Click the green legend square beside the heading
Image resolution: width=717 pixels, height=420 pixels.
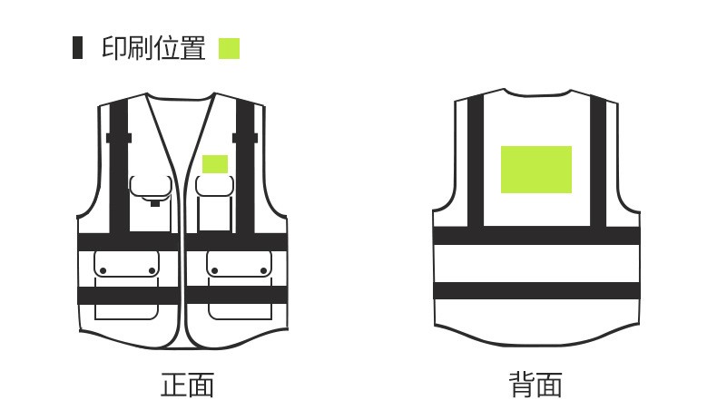[229, 48]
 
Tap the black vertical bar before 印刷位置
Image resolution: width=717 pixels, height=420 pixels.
[78, 47]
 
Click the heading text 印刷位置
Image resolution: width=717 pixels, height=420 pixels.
[153, 48]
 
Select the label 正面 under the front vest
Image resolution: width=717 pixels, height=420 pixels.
[188, 385]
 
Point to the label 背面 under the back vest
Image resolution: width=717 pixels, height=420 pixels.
[535, 385]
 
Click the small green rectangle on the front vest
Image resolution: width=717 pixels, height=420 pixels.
[215, 164]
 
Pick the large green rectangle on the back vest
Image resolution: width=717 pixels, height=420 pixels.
[536, 170]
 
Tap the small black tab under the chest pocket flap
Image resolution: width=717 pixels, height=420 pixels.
[155, 203]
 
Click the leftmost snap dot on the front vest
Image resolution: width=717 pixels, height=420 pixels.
[103, 271]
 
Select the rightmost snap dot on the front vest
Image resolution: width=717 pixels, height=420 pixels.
[263, 271]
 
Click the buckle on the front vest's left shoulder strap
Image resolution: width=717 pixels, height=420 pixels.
[119, 138]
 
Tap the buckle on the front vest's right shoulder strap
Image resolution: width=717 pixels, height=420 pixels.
[245, 138]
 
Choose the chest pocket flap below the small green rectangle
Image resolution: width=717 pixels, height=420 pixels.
[215, 186]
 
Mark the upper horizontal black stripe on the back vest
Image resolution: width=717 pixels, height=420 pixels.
[536, 235]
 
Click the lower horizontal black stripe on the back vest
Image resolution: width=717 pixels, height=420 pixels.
[536, 290]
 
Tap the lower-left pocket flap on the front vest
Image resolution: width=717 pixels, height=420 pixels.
[127, 264]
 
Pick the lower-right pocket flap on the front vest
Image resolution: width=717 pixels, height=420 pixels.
[240, 264]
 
